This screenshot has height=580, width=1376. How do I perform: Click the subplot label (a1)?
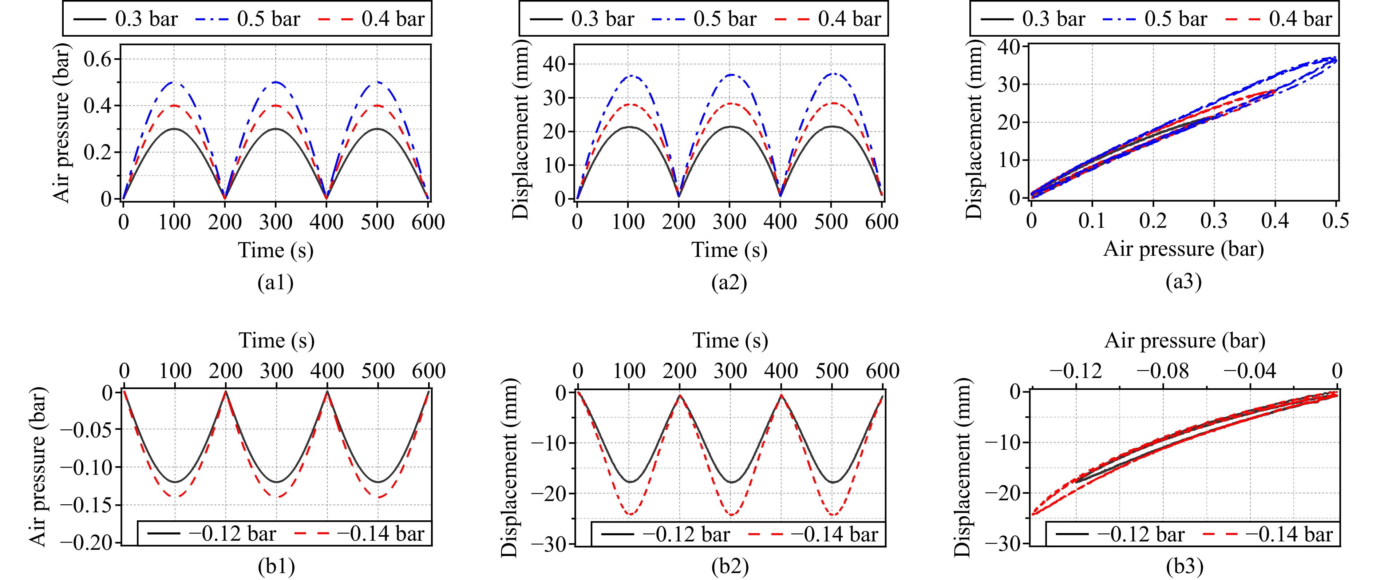point(275,282)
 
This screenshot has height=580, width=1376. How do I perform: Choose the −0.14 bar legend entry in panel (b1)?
point(360,533)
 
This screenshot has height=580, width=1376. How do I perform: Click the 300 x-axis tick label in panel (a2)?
point(729,222)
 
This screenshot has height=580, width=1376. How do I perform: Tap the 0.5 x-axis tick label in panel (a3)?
point(1335,221)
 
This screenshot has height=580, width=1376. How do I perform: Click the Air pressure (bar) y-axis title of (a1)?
point(62,124)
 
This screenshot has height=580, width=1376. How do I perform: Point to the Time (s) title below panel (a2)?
point(729,250)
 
